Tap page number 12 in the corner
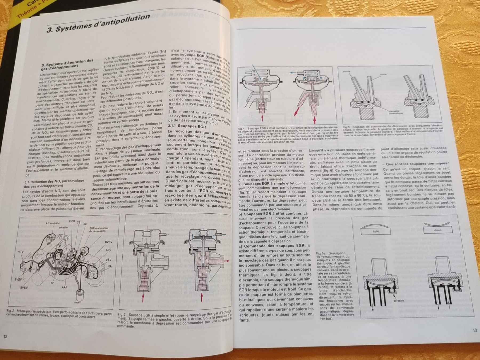pos(5,336)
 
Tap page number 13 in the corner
pos(475,330)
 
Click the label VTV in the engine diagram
pos(21,252)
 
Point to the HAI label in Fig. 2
pos(110,266)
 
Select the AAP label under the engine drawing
pos(64,287)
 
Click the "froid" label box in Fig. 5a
pos(375,231)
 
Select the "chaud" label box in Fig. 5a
pos(438,230)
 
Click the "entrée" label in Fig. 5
pos(347,71)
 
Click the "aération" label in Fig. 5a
pos(398,301)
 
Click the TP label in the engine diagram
pos(52,283)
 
